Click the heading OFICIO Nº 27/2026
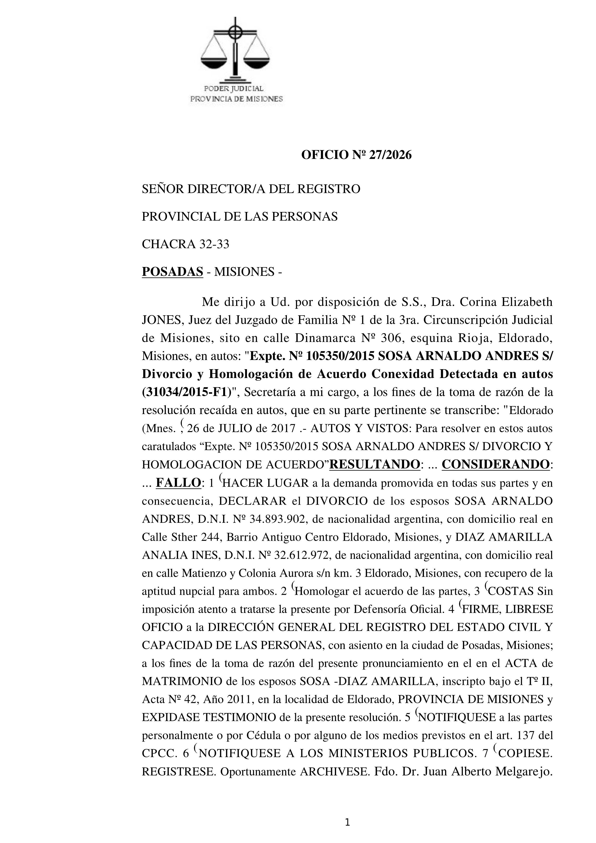(356, 155)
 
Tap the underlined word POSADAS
(172, 272)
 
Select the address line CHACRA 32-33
(185, 244)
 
